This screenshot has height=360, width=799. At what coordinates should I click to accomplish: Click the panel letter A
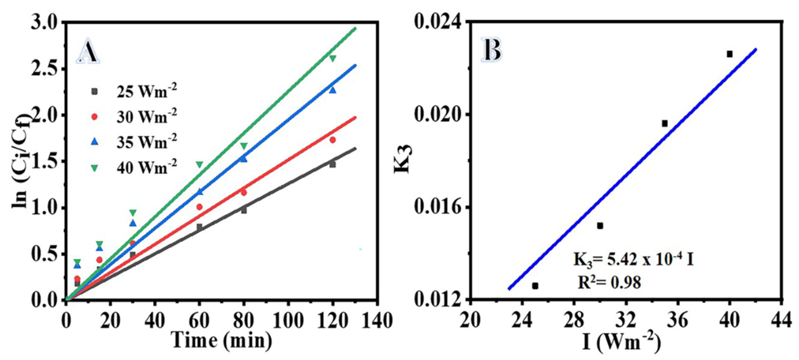click(x=88, y=52)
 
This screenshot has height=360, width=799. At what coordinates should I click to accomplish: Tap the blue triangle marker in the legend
click(x=95, y=142)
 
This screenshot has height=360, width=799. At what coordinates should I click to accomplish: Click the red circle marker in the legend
click(x=95, y=117)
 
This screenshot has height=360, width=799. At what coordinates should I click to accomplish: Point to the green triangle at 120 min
click(x=332, y=58)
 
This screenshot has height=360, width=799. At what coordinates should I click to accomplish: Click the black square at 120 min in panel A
click(x=332, y=164)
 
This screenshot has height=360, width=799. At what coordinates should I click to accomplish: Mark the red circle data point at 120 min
click(x=332, y=140)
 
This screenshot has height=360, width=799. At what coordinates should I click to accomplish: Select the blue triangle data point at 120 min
click(x=332, y=90)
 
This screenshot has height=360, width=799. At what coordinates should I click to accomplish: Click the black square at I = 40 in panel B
click(x=729, y=54)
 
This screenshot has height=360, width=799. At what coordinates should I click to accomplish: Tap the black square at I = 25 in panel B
click(x=535, y=286)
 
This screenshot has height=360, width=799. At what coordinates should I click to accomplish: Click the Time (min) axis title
click(x=221, y=340)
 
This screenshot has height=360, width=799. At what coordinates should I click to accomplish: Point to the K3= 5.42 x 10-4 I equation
click(x=633, y=260)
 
